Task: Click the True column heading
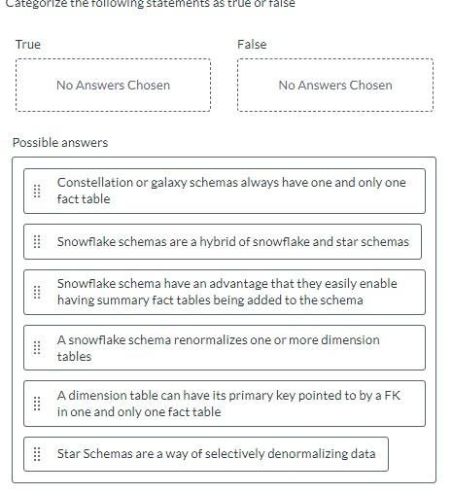coord(28,45)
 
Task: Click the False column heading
coord(252,45)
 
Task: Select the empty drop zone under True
coord(113,86)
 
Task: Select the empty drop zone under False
coord(334,86)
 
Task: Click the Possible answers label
coord(60,143)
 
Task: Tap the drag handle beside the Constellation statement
coord(37,191)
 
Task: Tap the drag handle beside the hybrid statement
coord(37,242)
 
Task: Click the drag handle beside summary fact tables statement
coord(37,292)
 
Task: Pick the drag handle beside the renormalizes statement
coord(37,348)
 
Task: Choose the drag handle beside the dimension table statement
coord(37,404)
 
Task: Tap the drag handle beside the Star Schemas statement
coord(37,454)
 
